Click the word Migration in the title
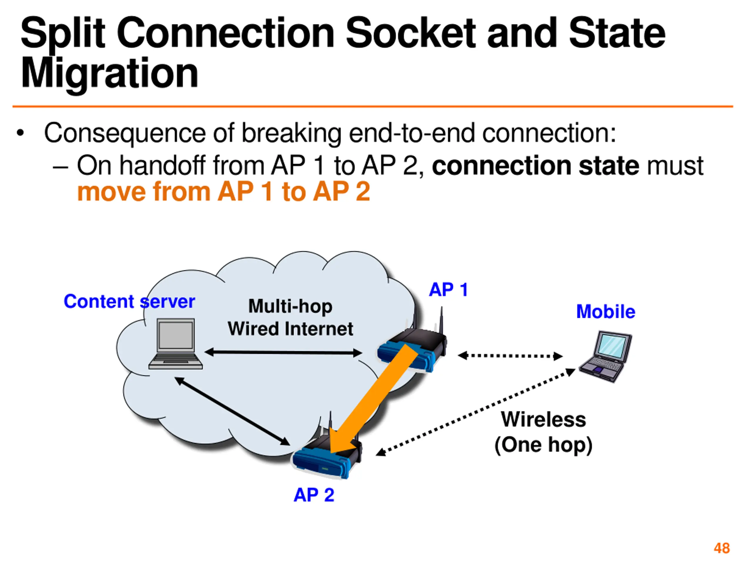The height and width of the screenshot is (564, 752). [x=110, y=73]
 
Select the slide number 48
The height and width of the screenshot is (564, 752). [x=722, y=548]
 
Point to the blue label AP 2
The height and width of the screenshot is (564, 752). [x=314, y=495]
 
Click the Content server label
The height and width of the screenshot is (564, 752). [x=129, y=302]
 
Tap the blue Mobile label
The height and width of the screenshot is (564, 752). [x=605, y=311]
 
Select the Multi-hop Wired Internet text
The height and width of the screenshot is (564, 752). [x=290, y=318]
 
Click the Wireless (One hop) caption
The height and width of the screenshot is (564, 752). [x=543, y=432]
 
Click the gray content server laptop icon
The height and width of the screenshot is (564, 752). [x=176, y=344]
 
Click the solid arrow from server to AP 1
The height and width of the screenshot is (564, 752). [x=283, y=352]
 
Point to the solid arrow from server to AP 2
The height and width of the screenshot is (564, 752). [x=232, y=411]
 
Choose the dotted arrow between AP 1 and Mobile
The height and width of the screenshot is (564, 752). [x=510, y=356]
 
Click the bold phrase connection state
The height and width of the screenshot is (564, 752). [x=536, y=166]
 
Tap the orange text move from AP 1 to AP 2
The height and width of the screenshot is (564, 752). [x=223, y=192]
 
